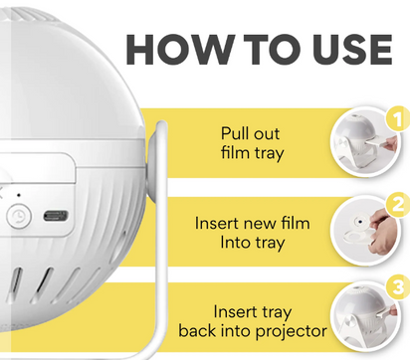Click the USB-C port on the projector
(57, 215)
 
